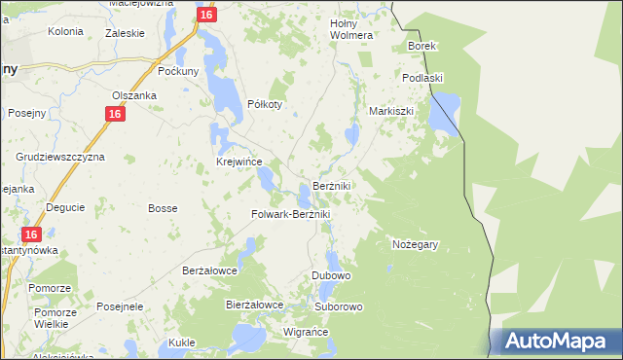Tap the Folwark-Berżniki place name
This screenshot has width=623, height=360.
(292, 214)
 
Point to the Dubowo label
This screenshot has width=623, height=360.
(331, 275)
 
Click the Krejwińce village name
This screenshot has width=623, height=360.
(238, 162)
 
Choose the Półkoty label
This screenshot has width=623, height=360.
(265, 105)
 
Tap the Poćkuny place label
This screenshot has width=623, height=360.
(179, 71)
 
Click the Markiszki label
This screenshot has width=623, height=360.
(391, 111)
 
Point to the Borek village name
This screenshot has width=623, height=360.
(422, 46)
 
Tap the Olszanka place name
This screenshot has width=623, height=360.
(133, 95)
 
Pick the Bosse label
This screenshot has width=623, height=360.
(162, 208)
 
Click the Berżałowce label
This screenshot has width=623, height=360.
(210, 270)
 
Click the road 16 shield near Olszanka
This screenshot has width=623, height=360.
(115, 114)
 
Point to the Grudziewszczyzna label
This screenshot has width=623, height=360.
(60, 156)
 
